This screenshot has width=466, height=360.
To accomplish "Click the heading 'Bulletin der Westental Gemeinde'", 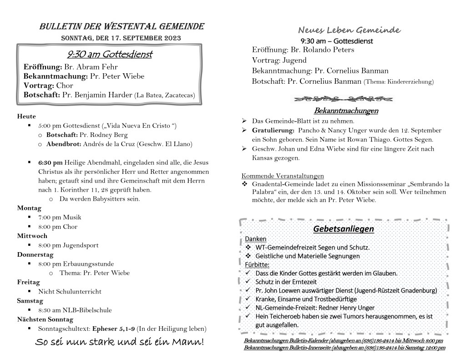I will (x=122, y=26).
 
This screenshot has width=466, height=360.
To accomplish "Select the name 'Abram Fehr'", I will (x=90, y=66).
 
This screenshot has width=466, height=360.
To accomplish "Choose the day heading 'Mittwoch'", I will (x=32, y=236).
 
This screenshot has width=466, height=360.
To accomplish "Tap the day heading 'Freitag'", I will (x=29, y=282).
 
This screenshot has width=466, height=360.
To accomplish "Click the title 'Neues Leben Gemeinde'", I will (x=349, y=30).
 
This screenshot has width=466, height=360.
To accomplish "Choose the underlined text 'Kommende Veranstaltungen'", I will (x=283, y=176).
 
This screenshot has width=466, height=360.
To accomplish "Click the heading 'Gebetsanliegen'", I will (x=343, y=229).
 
